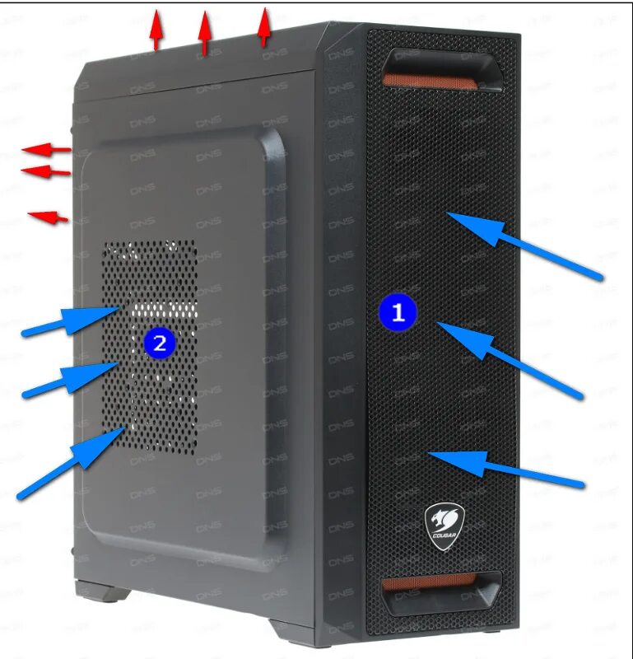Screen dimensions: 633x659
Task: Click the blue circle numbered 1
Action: (x=398, y=312)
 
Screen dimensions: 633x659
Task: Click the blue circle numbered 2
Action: (x=160, y=341)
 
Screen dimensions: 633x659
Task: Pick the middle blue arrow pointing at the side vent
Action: (x=71, y=379)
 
